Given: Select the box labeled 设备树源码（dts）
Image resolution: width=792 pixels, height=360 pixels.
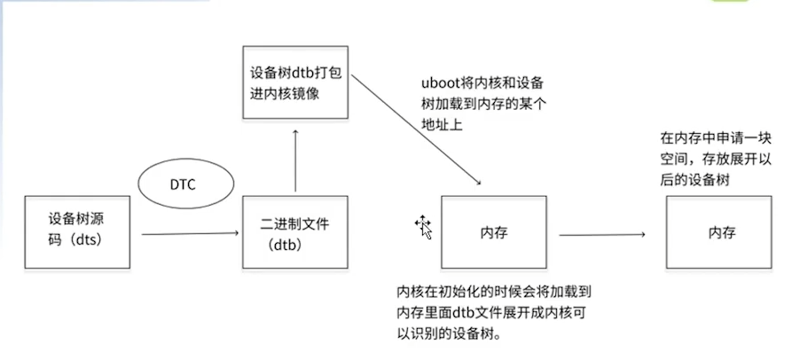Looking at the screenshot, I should [x=77, y=228].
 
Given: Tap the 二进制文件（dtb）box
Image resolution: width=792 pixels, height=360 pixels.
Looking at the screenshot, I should [x=294, y=232].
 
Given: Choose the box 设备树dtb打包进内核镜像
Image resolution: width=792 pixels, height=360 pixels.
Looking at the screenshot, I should [x=294, y=84].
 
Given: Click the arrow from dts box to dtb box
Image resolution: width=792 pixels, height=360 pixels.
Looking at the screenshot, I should [x=191, y=233].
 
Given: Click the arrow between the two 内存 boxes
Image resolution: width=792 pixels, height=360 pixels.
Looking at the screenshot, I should [x=601, y=234].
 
